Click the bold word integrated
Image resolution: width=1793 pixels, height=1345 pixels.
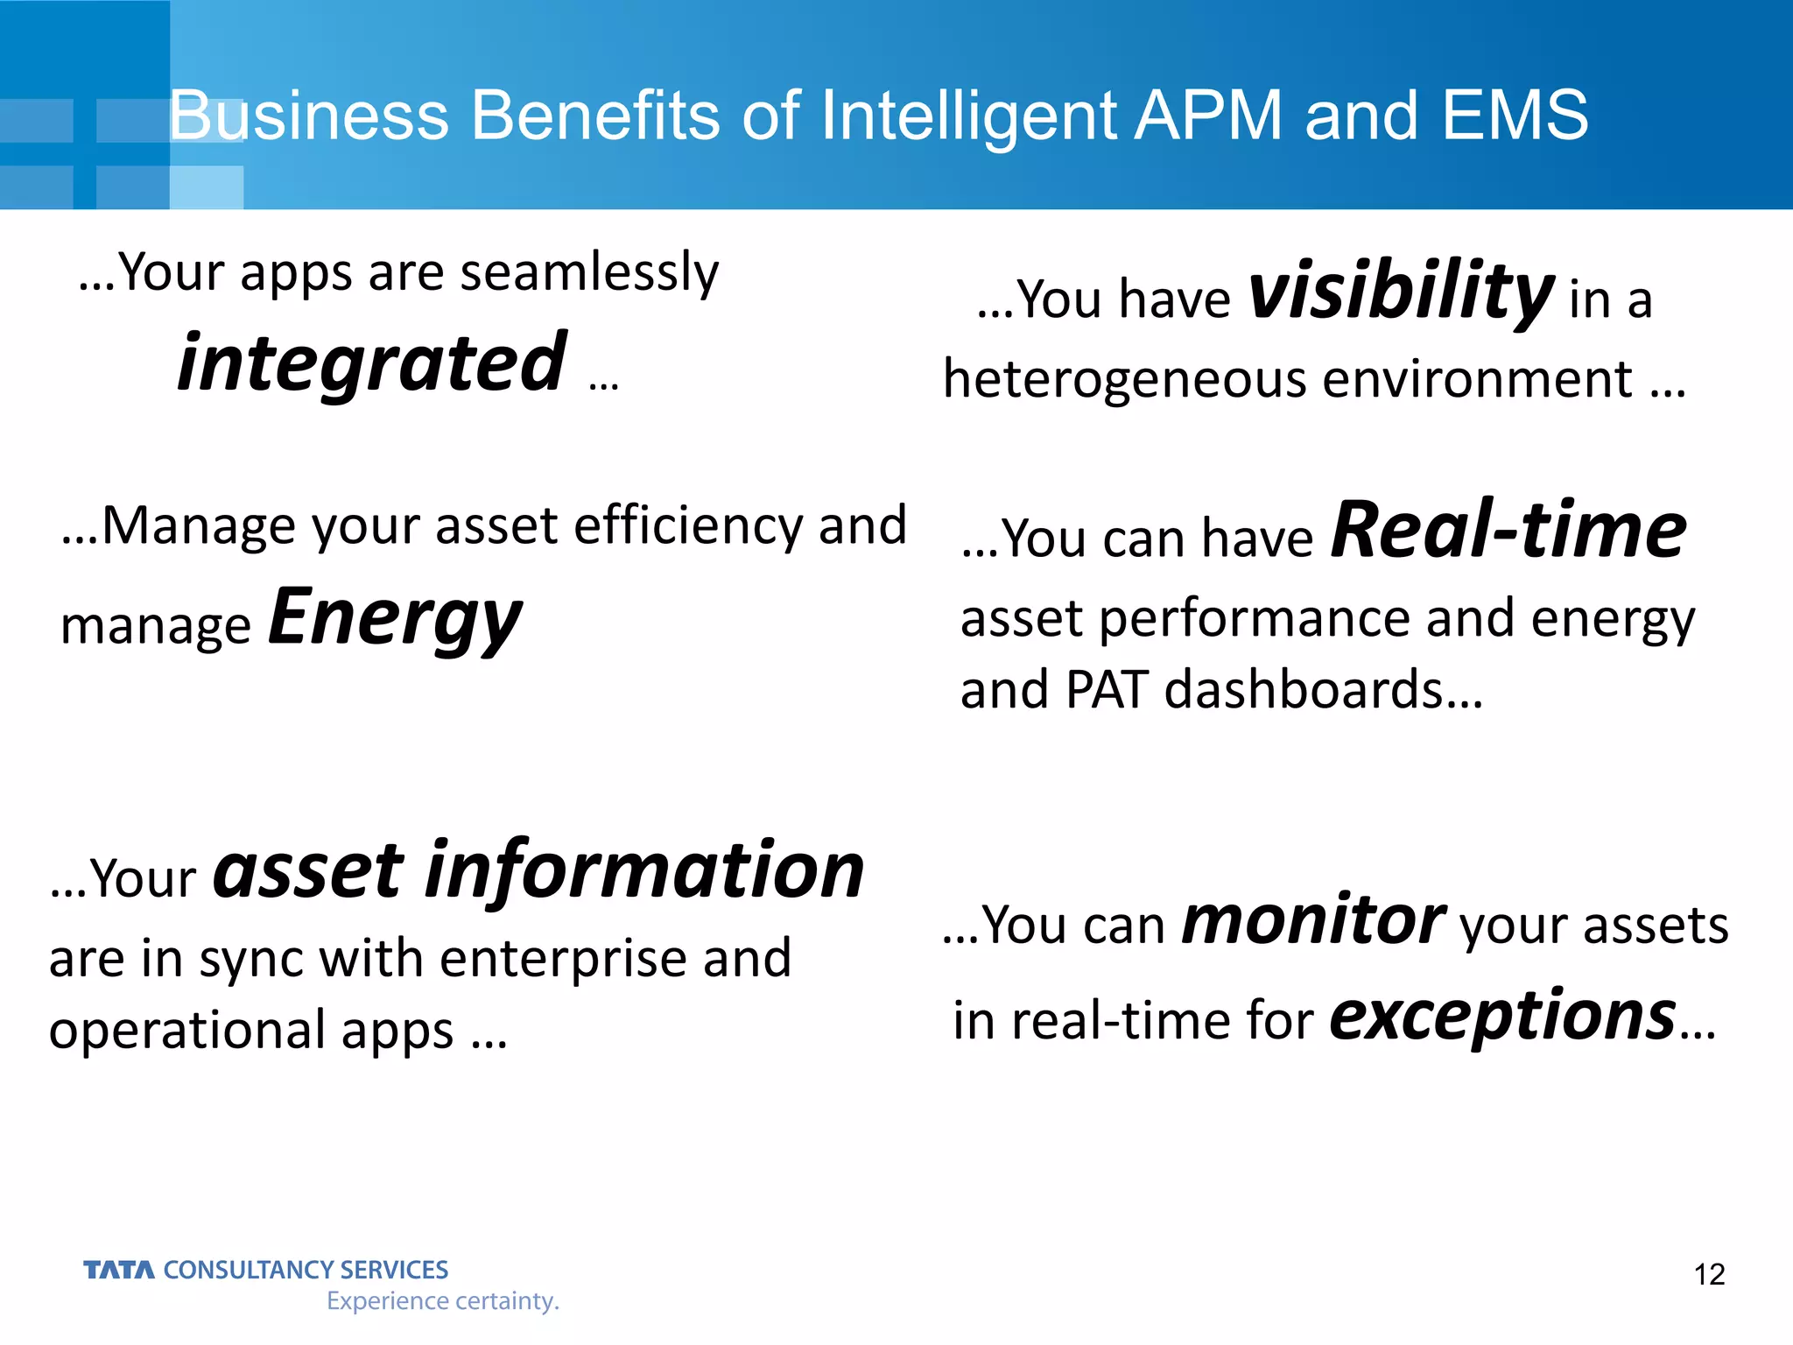[x=372, y=363]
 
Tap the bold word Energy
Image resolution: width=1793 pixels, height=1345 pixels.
[x=395, y=618]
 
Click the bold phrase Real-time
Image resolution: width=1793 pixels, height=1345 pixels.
[x=1508, y=531]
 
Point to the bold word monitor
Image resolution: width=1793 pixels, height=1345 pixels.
[x=1312, y=921]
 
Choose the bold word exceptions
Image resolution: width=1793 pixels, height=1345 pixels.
[x=1502, y=1016]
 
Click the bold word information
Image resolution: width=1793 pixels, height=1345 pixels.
[x=644, y=871]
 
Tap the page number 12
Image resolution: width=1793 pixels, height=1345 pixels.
[x=1709, y=1274]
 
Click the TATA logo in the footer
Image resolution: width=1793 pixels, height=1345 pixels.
[x=119, y=1270]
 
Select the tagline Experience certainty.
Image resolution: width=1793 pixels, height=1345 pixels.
[x=442, y=1301]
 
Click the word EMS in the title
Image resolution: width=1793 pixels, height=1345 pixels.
[x=1514, y=116]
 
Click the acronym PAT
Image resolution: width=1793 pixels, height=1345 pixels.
[x=1107, y=689]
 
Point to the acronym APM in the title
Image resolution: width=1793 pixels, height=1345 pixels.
[x=1207, y=116]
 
